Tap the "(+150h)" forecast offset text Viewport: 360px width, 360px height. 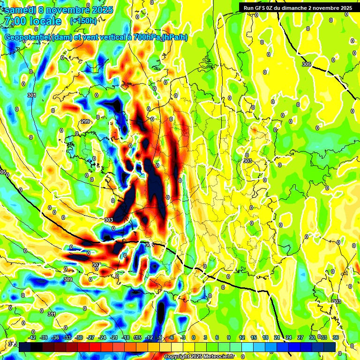click(x=83, y=21)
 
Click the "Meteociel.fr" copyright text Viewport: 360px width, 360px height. click(x=216, y=357)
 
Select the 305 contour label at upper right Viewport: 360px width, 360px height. click(x=307, y=64)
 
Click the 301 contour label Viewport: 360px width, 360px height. click(x=31, y=95)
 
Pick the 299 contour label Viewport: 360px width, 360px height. click(x=85, y=121)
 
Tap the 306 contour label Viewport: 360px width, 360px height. click(x=150, y=245)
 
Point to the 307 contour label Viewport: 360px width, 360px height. click(x=96, y=265)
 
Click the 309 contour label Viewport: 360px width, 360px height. click(x=68, y=280)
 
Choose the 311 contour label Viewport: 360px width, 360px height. click(x=51, y=314)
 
